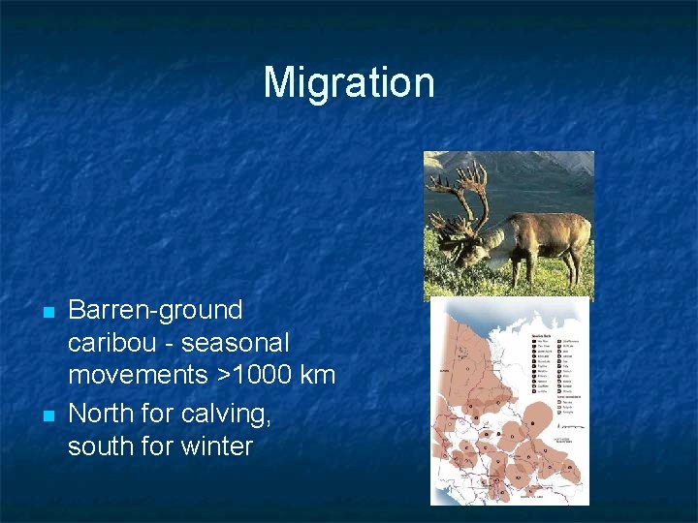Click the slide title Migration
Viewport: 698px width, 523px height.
click(349, 82)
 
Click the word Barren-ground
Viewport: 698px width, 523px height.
click(155, 311)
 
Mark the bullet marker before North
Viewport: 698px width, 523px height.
click(47, 415)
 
